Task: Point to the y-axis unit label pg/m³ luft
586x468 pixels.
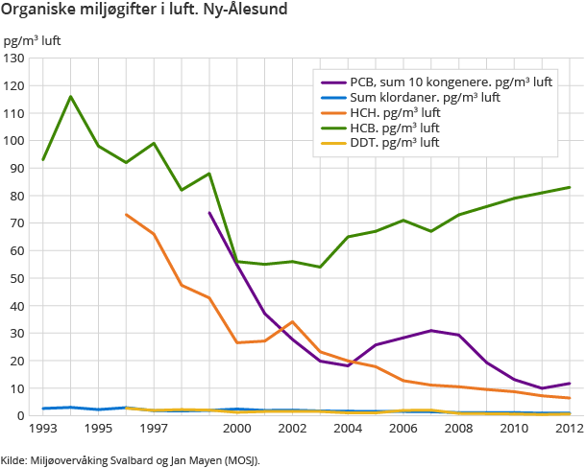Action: [33, 41]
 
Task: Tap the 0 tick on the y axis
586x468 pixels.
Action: [20, 416]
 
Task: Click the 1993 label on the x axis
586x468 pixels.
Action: [43, 429]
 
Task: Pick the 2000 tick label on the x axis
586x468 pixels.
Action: [237, 429]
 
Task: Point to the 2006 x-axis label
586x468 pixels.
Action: [403, 429]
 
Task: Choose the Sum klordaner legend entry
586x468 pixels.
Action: [424, 97]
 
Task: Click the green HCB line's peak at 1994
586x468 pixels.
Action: [70, 96]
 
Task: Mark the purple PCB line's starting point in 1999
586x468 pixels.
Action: [209, 213]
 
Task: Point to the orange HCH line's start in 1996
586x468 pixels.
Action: [126, 215]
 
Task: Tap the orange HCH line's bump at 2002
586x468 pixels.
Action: [292, 322]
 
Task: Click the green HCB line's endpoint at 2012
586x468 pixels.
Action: [570, 187]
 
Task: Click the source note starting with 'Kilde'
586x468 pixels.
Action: [131, 459]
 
